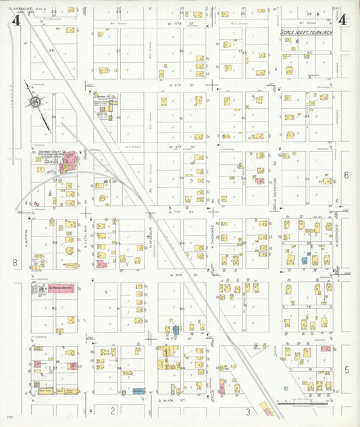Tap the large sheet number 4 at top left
[15, 21]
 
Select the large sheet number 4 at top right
[343, 20]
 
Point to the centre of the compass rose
[32, 102]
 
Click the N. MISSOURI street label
[149, 238]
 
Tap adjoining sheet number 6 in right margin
[345, 175]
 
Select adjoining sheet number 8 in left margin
[13, 261]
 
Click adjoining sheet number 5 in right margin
[345, 370]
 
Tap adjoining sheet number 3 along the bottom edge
[248, 411]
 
